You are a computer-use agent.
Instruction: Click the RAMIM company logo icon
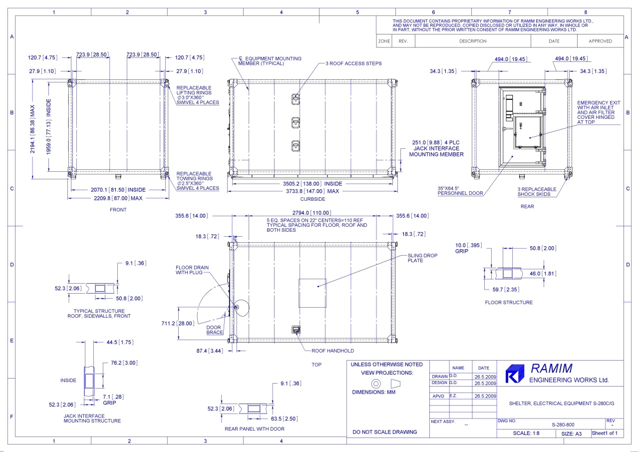pyautogui.click(x=515, y=374)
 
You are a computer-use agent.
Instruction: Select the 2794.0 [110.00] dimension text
pyautogui.click(x=312, y=213)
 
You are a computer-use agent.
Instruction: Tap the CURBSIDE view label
pyautogui.click(x=313, y=199)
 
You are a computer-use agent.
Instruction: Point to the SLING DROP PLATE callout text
pyautogui.click(x=422, y=258)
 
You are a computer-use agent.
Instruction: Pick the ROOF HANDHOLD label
pyautogui.click(x=332, y=351)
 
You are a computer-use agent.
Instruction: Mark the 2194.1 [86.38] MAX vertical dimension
pyautogui.click(x=32, y=129)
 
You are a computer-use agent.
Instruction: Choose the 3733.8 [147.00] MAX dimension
pyautogui.click(x=313, y=191)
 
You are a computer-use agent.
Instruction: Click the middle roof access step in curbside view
pyautogui.click(x=296, y=123)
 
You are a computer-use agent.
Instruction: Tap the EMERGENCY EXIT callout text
pyautogui.click(x=599, y=112)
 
